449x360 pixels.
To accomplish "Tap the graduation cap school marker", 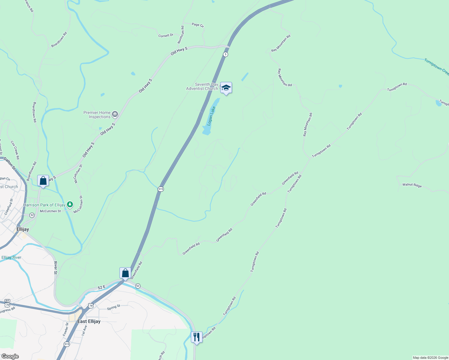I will [x=226, y=88].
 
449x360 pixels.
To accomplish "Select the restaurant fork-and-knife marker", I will [x=197, y=337].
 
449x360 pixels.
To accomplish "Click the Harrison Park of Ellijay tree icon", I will [x=70, y=205].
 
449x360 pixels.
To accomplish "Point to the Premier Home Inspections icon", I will [x=115, y=114].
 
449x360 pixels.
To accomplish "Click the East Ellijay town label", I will [x=89, y=321].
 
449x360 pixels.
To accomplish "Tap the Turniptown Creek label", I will [x=436, y=67].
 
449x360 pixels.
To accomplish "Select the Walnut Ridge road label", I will [x=412, y=185].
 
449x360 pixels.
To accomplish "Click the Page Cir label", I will [x=198, y=25].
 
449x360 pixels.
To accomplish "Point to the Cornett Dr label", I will [x=166, y=35].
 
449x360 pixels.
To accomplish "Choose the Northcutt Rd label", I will [x=181, y=34].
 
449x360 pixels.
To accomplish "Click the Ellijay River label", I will [x=11, y=257].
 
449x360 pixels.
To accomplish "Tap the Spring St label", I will [x=113, y=307].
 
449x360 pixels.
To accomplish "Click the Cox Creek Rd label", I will [x=15, y=150].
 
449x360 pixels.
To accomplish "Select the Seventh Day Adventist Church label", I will [x=202, y=86].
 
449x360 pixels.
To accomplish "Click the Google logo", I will [x=10, y=356].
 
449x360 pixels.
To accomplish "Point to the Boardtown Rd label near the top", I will [x=59, y=40].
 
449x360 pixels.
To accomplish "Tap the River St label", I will [x=56, y=268].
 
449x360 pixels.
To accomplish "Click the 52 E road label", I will [x=102, y=287].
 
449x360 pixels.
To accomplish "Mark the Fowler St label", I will [x=65, y=329].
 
